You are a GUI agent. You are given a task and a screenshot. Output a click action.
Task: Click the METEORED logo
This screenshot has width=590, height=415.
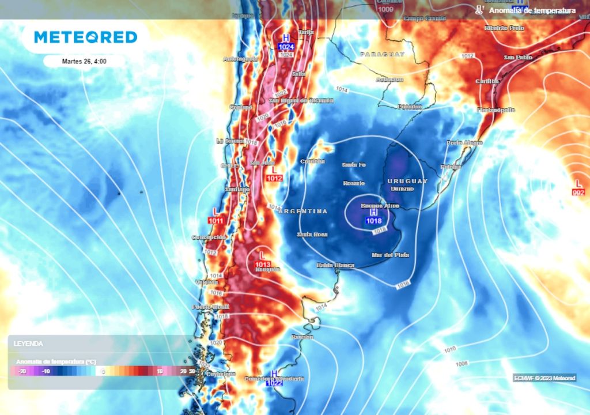point(85,37)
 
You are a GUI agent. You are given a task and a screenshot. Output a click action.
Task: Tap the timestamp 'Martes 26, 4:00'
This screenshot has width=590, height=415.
point(84,61)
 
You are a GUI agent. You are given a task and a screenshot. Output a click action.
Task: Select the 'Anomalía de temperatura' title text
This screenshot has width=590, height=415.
point(532,10)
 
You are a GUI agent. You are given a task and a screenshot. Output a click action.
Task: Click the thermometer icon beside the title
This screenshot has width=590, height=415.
point(479,10)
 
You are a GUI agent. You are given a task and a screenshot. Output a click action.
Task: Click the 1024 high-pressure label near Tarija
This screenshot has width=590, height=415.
point(285,46)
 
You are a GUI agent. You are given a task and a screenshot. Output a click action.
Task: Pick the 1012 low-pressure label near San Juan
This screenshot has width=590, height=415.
point(274,179)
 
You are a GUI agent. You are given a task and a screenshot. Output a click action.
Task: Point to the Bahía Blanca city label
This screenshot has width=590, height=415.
point(335,265)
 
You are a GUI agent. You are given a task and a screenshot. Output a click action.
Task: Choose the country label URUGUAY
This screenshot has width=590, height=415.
point(407,181)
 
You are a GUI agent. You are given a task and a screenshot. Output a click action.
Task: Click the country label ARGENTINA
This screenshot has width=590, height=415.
point(303,212)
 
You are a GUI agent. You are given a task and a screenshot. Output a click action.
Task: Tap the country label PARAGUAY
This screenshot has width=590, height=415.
point(383,54)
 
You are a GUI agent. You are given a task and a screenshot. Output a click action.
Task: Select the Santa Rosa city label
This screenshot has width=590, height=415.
point(312,235)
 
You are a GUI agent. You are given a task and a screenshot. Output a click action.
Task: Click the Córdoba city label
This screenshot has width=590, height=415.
point(313,161)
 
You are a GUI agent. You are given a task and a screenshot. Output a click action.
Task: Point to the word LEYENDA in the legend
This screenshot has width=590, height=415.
point(29,344)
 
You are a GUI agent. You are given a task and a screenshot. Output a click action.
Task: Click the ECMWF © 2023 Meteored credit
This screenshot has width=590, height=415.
point(544,378)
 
